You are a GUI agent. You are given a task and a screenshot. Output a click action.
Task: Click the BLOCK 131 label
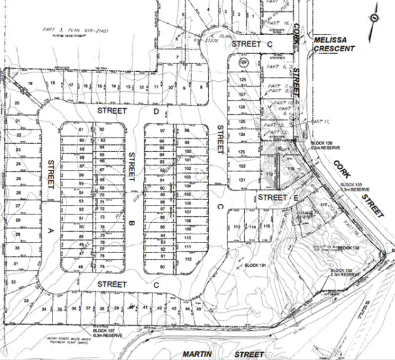(x=255, y=266)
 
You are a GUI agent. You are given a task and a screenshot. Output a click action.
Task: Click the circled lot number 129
(x=243, y=63)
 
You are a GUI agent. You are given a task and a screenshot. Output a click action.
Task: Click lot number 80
(x=162, y=267)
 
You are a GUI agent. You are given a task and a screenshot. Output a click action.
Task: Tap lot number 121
(x=241, y=181)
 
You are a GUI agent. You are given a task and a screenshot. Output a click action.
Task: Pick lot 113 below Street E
(x=237, y=227)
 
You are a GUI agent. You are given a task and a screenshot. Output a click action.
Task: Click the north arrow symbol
(x=373, y=17)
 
